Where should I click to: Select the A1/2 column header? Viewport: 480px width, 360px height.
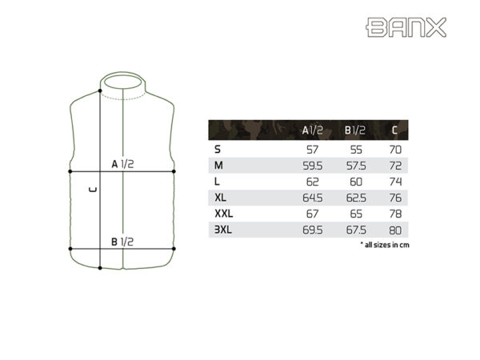pos(312,130)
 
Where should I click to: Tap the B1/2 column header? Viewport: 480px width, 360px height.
pos(354,130)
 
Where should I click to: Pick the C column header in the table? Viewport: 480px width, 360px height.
pos(394,130)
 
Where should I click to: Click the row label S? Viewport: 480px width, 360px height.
pos(217,149)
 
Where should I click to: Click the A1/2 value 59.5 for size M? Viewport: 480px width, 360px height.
pos(313,166)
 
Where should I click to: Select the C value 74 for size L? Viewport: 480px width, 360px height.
pos(394,182)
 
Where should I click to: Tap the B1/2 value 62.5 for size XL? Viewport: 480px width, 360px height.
pos(355,198)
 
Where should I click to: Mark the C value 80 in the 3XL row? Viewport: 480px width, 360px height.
pos(394,230)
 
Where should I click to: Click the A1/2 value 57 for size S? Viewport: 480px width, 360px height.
pos(313,149)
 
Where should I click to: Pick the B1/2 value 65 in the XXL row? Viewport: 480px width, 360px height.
pos(355,214)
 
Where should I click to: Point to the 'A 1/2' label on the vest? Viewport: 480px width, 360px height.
pos(122,163)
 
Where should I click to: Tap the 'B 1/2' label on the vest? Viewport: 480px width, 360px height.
pos(122,241)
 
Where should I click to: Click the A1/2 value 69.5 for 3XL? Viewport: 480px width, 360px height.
pos(313,230)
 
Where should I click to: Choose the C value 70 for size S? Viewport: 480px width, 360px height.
pos(394,149)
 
